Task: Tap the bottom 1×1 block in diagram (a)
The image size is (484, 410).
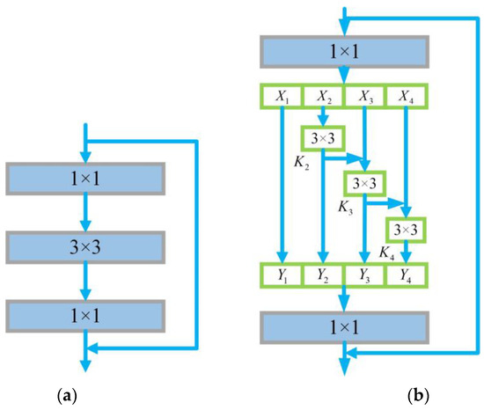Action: pos(85,314)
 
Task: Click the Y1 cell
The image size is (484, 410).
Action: pos(283,275)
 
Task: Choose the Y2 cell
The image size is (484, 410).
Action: pos(325,275)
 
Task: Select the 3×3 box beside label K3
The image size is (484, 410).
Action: pos(363,184)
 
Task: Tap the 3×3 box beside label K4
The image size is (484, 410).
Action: pos(405,229)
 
